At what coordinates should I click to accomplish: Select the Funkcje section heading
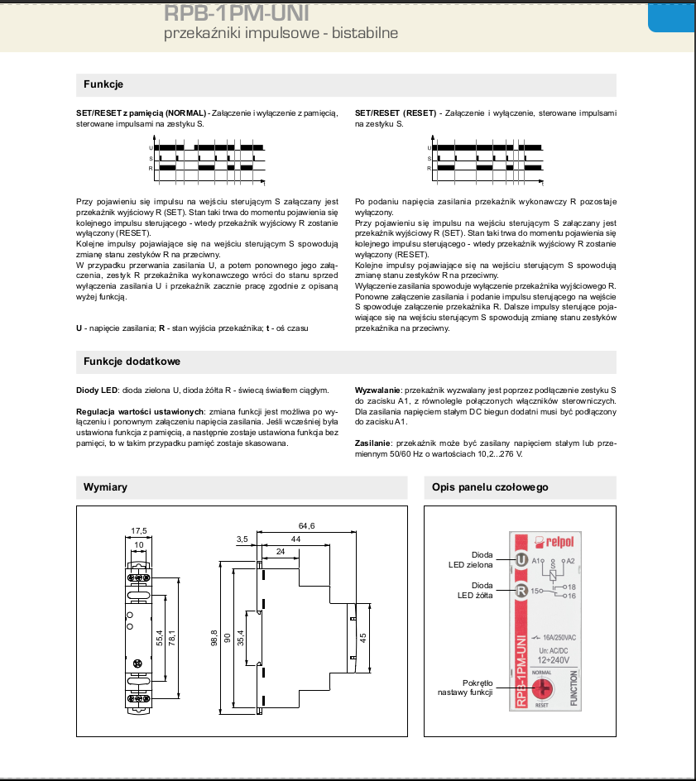click(x=103, y=84)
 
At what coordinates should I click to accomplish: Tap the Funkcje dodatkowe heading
click(x=132, y=362)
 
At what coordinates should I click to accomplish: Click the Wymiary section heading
click(x=105, y=487)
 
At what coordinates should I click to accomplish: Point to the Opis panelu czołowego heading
click(x=490, y=487)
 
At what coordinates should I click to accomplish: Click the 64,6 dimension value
click(x=306, y=526)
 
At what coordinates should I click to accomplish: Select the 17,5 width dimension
click(x=138, y=530)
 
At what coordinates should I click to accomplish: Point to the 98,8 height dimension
click(x=214, y=637)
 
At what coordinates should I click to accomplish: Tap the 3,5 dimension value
click(x=242, y=539)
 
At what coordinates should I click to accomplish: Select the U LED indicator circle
click(x=521, y=560)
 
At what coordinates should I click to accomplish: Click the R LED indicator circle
click(x=521, y=591)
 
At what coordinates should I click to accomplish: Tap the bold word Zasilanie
click(x=373, y=444)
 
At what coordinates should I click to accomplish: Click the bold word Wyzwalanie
click(x=377, y=390)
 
